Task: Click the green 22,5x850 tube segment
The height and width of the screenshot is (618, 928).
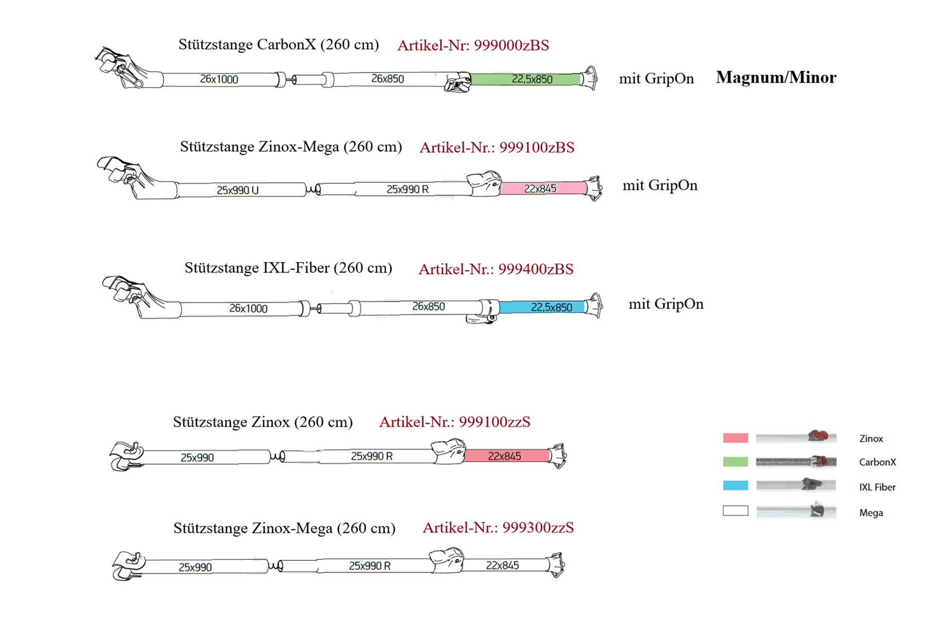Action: point(526,79)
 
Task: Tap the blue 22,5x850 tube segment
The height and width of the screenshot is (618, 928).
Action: point(542,307)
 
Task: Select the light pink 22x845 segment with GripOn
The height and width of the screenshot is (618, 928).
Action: point(543,188)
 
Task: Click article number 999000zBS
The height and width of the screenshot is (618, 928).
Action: point(473,45)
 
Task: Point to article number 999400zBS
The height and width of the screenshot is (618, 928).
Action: point(496,269)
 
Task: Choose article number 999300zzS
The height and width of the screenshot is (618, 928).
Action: point(498,527)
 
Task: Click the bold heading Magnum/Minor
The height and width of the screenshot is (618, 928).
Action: point(776,77)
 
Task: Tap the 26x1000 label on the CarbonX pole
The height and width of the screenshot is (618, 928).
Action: point(219,79)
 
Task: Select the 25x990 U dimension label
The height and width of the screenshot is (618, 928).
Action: point(238,190)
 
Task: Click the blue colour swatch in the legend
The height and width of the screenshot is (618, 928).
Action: point(735,485)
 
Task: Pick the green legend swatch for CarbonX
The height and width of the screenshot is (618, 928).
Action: point(735,461)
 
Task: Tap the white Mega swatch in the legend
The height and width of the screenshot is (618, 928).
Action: point(735,511)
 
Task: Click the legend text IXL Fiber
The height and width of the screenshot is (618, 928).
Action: point(877,487)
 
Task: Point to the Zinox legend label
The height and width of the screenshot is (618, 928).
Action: point(871,438)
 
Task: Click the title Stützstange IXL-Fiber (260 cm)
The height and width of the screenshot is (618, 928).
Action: point(288,268)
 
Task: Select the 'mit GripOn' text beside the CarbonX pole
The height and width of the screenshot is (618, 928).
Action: point(656,78)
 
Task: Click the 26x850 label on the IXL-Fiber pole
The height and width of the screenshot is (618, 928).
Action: point(428,306)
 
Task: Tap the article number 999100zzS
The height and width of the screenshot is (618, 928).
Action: point(455,422)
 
